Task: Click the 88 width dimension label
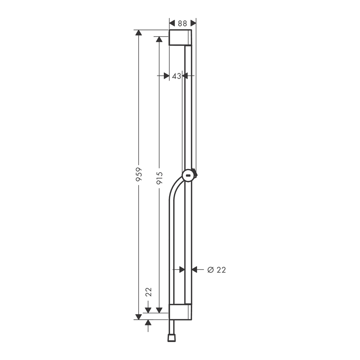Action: [x=182, y=23]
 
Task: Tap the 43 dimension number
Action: [x=176, y=76]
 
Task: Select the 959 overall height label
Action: [x=139, y=174]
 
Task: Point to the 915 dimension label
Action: [x=159, y=178]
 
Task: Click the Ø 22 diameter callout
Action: [x=216, y=270]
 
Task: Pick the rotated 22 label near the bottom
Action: [x=149, y=292]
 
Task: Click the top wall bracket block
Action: [x=180, y=38]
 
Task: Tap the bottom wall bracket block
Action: [x=180, y=312]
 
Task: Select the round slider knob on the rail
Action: [x=189, y=176]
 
